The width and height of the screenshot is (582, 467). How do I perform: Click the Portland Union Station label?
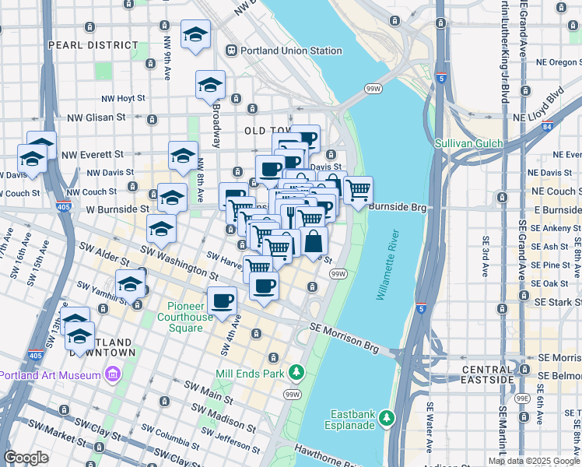pos(291,51)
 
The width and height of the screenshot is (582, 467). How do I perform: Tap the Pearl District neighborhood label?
pos(82,45)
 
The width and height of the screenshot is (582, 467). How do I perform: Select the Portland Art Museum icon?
pos(113,375)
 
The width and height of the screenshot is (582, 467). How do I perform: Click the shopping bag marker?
pos(314,241)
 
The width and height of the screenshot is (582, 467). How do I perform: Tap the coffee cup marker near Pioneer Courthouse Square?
pos(222,300)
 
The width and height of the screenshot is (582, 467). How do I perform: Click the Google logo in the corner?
pos(26,457)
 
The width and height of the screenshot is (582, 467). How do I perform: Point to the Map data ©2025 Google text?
pos(534,461)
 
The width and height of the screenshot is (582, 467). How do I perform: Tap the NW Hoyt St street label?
pos(124,98)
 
